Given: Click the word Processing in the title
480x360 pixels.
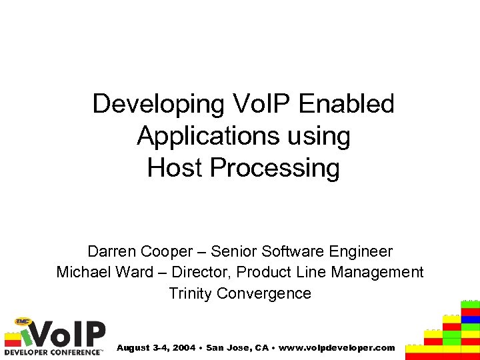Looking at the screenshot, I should [274, 168].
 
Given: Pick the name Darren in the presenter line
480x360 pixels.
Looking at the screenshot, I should [111, 252].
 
